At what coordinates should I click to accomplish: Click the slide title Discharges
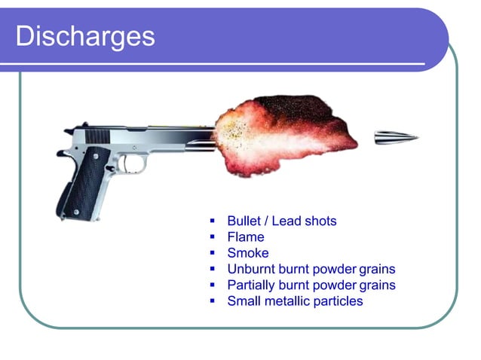84,35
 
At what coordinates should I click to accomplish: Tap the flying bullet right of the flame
396,136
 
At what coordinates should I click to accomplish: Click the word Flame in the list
246,237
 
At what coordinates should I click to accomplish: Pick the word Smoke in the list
247,253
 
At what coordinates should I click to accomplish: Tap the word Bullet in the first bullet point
244,221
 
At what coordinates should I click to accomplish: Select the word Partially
253,285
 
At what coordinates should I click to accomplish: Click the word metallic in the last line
290,301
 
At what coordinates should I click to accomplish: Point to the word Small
243,301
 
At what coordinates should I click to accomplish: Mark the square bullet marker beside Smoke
213,254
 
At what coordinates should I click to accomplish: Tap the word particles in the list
340,301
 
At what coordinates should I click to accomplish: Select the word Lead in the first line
286,221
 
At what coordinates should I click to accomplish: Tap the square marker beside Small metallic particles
213,302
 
